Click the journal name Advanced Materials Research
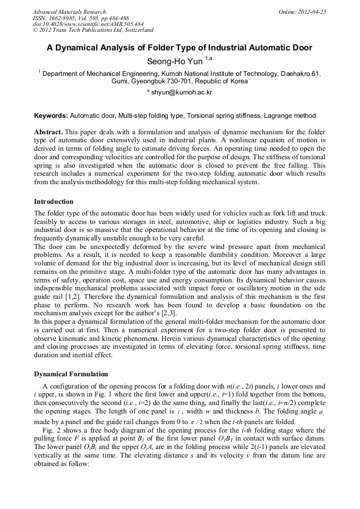(x=69, y=12)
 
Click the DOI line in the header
(x=88, y=24)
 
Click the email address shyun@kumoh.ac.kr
(x=182, y=92)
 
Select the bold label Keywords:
(x=51, y=116)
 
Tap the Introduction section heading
(x=54, y=202)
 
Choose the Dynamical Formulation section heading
(x=71, y=374)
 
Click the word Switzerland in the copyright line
(x=136, y=31)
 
